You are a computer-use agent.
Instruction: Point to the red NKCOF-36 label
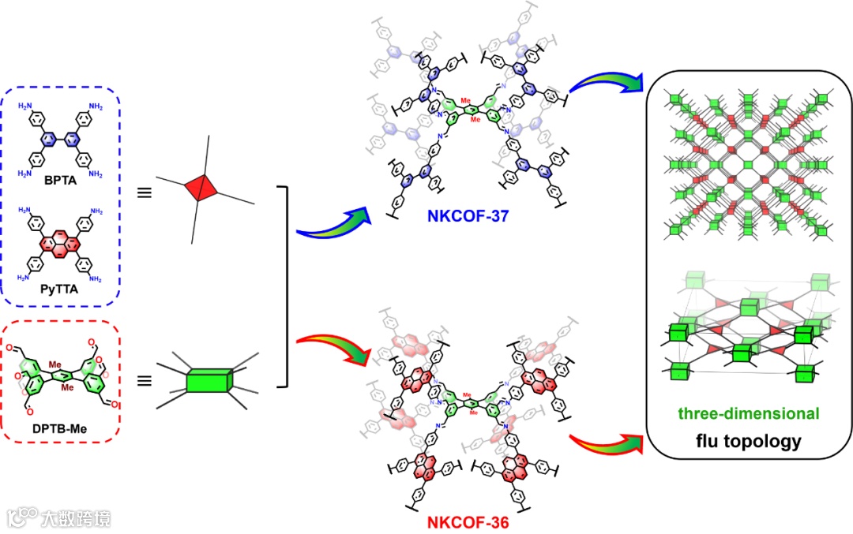pyautogui.click(x=462, y=522)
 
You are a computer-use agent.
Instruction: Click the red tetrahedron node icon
pyautogui.click(x=203, y=187)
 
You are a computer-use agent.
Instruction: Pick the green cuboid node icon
pyautogui.click(x=209, y=382)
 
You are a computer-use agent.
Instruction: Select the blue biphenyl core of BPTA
pyautogui.click(x=60, y=140)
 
